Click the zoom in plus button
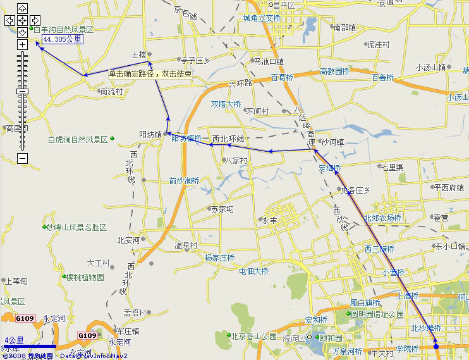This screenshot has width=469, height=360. point(22,45)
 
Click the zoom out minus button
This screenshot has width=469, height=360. point(22,158)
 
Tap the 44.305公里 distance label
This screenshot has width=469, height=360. point(62,39)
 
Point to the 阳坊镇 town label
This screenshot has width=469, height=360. point(150,134)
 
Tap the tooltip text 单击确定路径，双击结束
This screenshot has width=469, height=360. point(150,74)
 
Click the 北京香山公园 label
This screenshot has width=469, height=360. point(253,336)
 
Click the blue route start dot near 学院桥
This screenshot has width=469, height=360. point(436,346)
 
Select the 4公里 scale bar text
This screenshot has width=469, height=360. point(14,340)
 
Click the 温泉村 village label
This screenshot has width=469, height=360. point(186,245)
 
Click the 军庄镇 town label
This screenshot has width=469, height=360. point(127,331)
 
